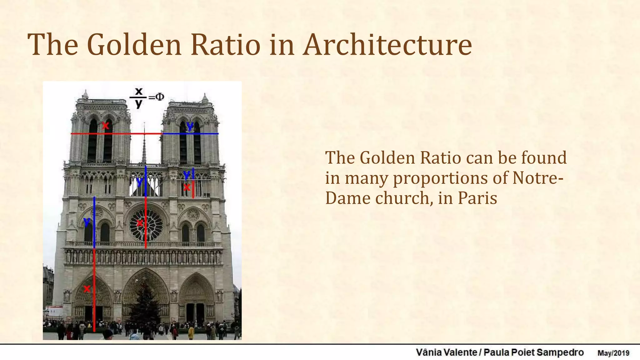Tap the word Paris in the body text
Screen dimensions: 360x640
pos(477,198)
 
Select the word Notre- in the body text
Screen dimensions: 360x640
pos(538,178)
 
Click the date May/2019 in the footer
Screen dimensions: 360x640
pos(613,353)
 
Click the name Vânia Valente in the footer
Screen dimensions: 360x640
pos(446,353)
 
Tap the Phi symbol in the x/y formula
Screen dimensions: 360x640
pos(160,97)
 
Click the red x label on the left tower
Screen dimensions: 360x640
pos(106,126)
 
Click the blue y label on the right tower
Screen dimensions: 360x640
pos(190,126)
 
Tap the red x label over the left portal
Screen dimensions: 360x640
pos(87,289)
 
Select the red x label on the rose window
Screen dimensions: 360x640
pos(140,223)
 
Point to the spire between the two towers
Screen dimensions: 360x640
pos(144,147)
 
